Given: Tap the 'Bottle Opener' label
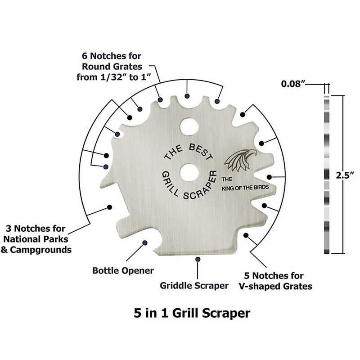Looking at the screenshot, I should (x=123, y=271).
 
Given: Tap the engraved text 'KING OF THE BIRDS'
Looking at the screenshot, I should (x=244, y=189).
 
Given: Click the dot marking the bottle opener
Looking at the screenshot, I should (x=145, y=243).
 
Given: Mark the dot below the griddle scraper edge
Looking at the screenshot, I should (x=198, y=259).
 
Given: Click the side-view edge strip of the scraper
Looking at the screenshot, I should (x=326, y=174).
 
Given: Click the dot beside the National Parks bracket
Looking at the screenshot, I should (x=108, y=207).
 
